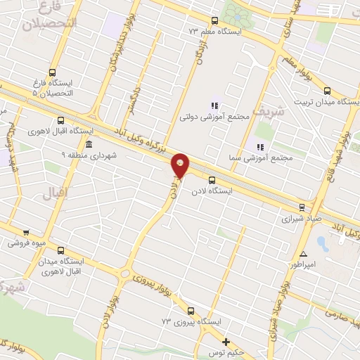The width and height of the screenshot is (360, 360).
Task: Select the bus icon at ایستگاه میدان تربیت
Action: (327, 91)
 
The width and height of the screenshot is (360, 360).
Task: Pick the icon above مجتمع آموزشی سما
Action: (259, 147)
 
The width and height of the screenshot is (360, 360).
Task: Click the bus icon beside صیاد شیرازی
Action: (302, 207)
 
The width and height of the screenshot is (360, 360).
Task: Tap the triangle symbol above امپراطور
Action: (303, 254)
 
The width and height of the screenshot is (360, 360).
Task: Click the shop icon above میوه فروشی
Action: (27, 232)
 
